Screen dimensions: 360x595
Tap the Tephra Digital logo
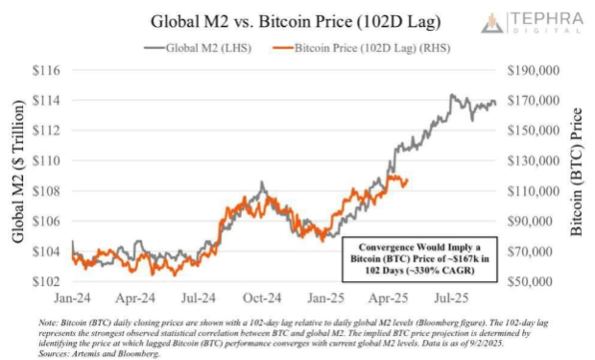(527, 22)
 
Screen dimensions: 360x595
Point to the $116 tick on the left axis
(44, 70)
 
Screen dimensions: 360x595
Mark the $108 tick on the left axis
(44, 191)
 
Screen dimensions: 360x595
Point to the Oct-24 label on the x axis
(261, 298)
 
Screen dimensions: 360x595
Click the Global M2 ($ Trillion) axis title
(17, 178)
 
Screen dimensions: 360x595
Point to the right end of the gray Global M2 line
(496, 102)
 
